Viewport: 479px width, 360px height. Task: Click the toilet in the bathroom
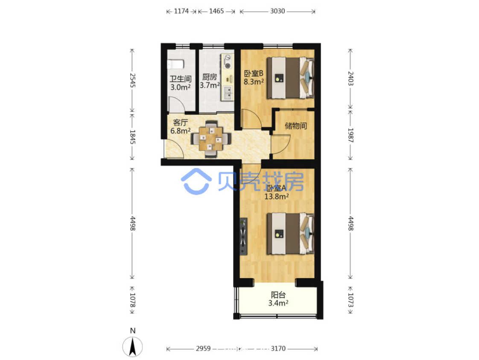click(175, 64)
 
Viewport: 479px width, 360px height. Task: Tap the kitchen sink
click(228, 93)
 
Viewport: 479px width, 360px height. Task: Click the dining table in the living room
click(211, 139)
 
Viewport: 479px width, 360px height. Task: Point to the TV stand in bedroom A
click(243, 236)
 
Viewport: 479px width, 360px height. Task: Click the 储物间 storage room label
click(296, 125)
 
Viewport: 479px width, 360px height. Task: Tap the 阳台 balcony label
click(278, 295)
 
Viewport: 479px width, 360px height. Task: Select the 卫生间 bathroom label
click(181, 79)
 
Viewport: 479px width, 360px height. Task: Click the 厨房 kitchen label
click(210, 77)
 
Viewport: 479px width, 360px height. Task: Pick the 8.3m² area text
click(254, 81)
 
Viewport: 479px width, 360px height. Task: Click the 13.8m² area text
click(276, 196)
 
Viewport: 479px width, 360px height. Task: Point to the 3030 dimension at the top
click(277, 11)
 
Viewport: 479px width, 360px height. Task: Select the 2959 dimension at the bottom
click(203, 348)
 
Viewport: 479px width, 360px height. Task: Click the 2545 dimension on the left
click(133, 80)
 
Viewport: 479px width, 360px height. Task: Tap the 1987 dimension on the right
click(350, 135)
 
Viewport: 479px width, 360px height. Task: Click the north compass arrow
click(133, 347)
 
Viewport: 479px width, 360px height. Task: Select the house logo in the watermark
click(196, 181)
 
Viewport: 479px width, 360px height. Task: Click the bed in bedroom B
click(290, 78)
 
